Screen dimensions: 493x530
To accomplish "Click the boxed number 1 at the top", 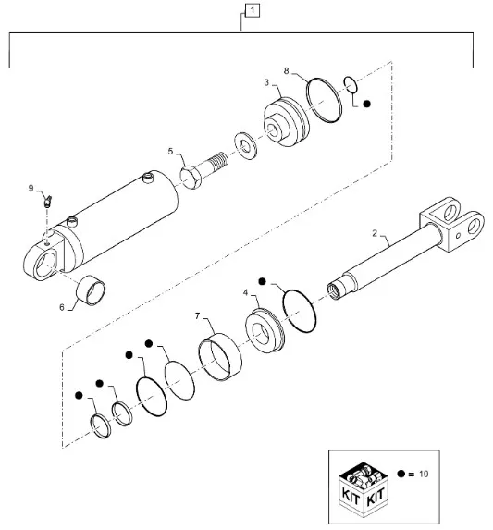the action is pyautogui.click(x=253, y=10).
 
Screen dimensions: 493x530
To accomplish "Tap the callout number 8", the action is pyautogui.click(x=286, y=71).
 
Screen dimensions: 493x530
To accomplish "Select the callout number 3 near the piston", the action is pyautogui.click(x=266, y=82).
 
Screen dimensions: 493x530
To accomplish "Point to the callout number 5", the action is pyautogui.click(x=170, y=152).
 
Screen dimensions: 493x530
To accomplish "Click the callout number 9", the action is pyautogui.click(x=31, y=189).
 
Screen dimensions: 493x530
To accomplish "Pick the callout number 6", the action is pyautogui.click(x=61, y=307).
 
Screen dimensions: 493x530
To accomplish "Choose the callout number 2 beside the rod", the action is pyautogui.click(x=375, y=233).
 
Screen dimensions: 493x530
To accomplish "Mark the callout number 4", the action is pyautogui.click(x=246, y=292).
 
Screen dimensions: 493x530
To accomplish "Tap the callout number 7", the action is pyautogui.click(x=198, y=316).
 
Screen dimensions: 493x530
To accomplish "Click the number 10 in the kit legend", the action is pyautogui.click(x=424, y=474).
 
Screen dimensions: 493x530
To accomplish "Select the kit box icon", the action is pyautogui.click(x=364, y=489).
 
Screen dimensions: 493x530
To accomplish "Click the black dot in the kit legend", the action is pyautogui.click(x=401, y=474).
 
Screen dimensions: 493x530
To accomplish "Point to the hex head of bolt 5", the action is pyautogui.click(x=191, y=177).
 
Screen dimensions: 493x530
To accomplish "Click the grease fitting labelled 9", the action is pyautogui.click(x=47, y=202).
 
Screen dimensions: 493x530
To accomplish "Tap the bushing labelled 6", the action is pyautogui.click(x=91, y=290).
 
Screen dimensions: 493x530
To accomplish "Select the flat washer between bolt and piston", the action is pyautogui.click(x=246, y=146).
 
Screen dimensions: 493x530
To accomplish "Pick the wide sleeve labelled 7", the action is pyautogui.click(x=220, y=357).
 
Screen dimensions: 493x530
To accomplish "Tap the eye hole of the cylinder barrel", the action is pyautogui.click(x=45, y=265).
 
